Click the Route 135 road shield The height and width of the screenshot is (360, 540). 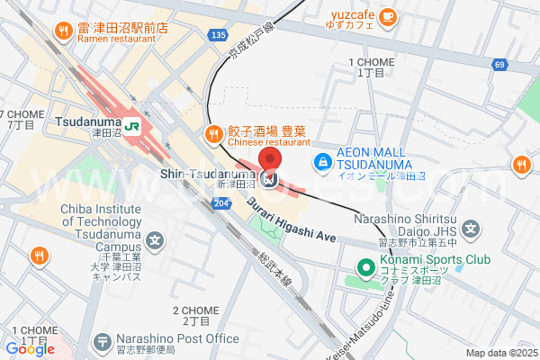(x=217, y=35)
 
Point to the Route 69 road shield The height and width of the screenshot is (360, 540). (x=499, y=65)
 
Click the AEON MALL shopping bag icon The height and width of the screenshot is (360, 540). (x=320, y=162)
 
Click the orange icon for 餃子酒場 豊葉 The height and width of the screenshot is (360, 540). (x=213, y=135)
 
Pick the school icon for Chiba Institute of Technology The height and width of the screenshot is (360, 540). (x=156, y=241)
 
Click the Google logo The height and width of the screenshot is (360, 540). (x=30, y=348)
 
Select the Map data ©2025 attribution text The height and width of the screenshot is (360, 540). (x=499, y=353)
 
